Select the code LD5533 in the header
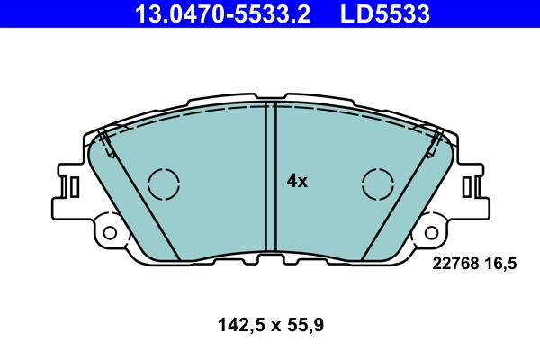383,13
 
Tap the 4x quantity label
297,181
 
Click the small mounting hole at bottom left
110,232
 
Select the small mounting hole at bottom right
431,232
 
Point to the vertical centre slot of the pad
270,175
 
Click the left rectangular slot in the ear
72,186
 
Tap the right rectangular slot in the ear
469,186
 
